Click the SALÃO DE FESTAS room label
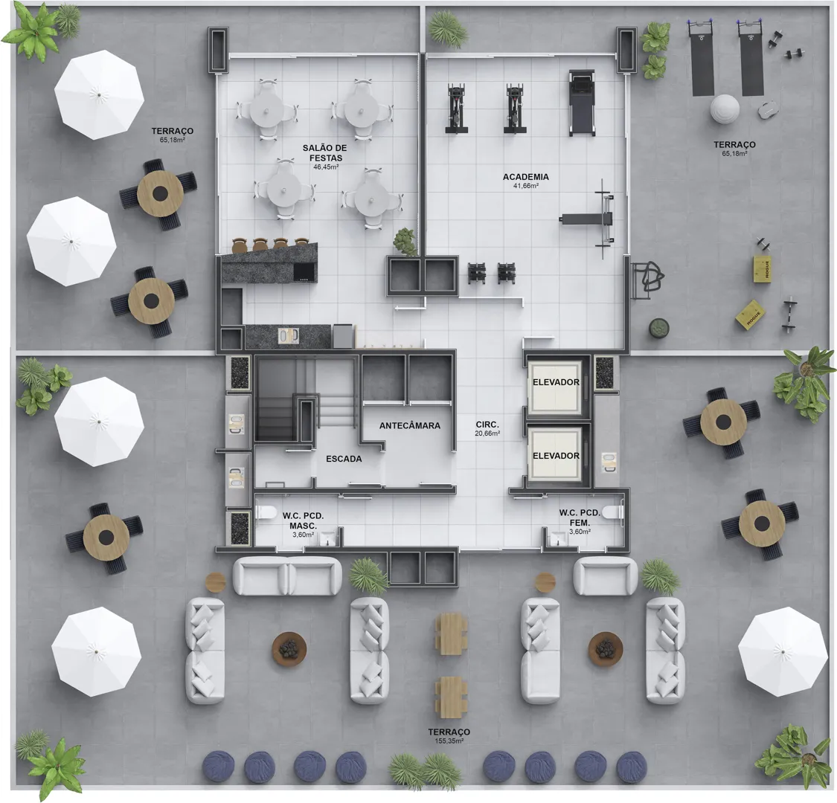point(324,152)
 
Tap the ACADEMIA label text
point(526,177)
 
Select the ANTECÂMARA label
point(410,426)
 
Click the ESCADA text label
point(344,459)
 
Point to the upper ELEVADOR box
point(555,387)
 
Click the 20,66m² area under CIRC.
point(487,433)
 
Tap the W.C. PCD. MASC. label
point(304,520)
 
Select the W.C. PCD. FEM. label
point(580,517)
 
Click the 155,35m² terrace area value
point(449,741)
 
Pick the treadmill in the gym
point(581,103)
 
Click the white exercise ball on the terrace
point(725,109)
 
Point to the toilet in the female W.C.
point(613,512)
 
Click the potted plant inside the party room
point(405,242)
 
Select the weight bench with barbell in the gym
point(590,219)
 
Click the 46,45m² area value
point(326,167)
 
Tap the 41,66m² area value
point(526,186)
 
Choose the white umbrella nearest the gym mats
point(783,651)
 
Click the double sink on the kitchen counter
point(288,336)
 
